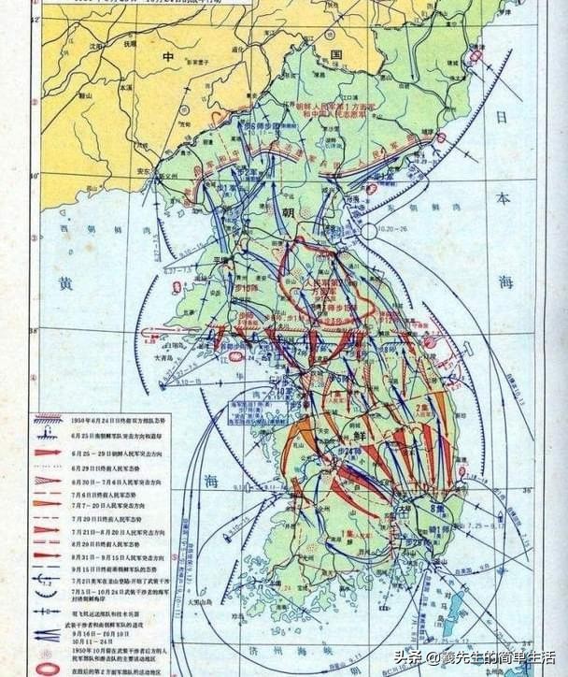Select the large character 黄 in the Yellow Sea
65,281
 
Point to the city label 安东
143,172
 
